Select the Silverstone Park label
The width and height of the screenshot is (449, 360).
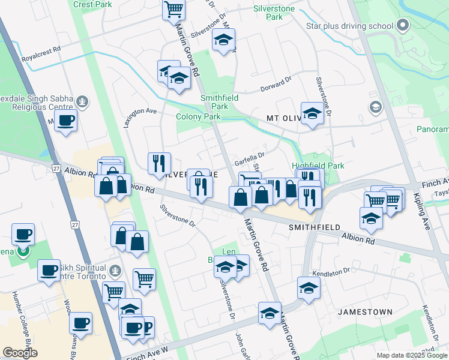274,13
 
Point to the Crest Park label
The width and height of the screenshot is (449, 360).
92,4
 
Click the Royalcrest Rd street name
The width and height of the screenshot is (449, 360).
41,59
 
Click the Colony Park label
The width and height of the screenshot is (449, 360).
198,116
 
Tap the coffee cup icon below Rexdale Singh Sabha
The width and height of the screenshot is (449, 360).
65,121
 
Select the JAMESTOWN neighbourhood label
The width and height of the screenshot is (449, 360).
365,312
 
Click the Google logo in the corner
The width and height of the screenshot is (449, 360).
20,353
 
